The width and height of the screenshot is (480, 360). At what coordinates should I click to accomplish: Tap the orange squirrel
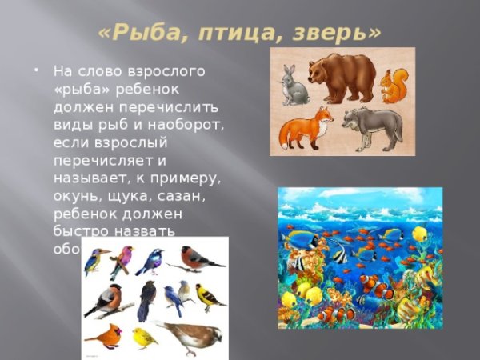(394, 86)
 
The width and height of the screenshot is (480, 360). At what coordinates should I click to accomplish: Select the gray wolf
(372, 127)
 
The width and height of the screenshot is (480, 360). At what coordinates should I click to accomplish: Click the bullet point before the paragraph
(37, 70)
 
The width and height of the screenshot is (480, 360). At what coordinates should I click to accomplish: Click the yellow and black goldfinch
(210, 298)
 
